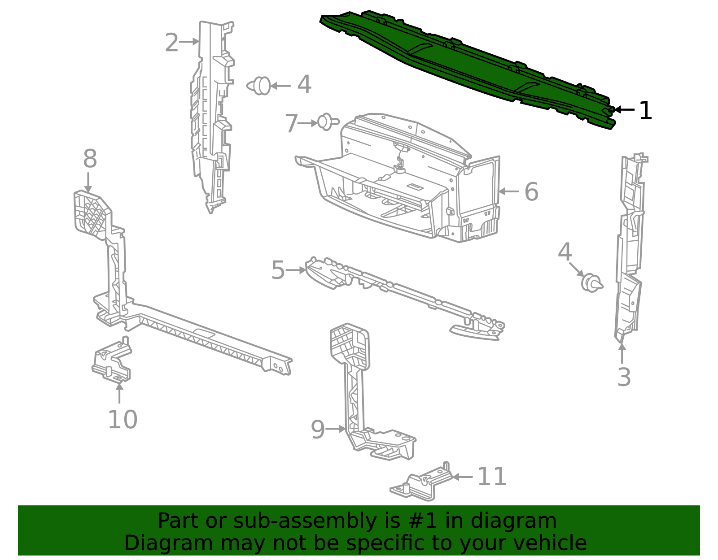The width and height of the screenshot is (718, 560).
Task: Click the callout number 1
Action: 645,111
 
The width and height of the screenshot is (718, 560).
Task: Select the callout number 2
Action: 171,43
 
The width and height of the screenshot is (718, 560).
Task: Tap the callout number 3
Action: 624,377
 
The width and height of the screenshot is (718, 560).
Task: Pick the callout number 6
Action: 531,191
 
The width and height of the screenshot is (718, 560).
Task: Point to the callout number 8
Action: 90,158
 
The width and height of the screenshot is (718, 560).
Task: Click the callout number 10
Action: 123,419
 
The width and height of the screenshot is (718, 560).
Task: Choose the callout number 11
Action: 492,477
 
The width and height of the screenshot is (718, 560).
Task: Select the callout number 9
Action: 318,430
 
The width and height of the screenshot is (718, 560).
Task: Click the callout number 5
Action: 277,270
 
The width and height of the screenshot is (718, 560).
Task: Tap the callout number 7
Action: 291,123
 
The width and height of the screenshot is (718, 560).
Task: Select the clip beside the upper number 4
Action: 259,86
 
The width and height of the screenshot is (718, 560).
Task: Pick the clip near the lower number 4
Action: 592,283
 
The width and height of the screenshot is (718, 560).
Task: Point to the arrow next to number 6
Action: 508,191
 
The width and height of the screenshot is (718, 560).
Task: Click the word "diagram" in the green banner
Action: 513,521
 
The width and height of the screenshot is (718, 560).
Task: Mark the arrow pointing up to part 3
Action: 622,353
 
